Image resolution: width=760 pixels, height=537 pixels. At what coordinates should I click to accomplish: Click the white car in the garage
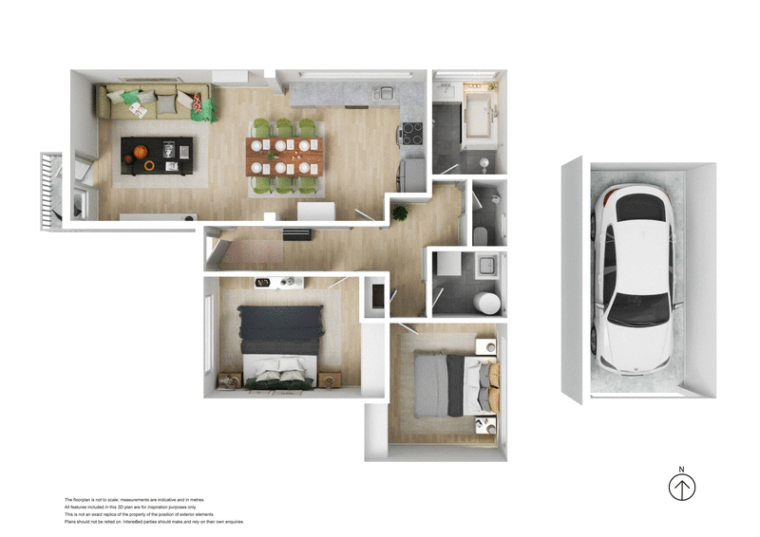(635, 280)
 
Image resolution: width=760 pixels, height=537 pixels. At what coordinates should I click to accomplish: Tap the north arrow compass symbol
(681, 488)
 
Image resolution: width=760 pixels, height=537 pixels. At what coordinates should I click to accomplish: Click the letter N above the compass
(681, 469)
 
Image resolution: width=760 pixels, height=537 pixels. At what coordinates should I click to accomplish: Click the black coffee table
(157, 155)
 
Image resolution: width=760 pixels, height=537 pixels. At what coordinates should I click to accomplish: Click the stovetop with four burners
(412, 134)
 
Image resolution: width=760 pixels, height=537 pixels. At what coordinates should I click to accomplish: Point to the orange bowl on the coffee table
(140, 152)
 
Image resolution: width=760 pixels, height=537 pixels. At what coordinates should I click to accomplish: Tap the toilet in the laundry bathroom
(486, 302)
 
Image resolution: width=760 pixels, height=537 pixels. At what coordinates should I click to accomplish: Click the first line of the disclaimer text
(133, 499)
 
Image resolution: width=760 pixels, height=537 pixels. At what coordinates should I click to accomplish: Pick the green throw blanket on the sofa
(203, 107)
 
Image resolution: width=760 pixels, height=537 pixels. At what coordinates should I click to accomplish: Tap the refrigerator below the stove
(412, 172)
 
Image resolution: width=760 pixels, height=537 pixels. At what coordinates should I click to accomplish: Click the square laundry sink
(486, 266)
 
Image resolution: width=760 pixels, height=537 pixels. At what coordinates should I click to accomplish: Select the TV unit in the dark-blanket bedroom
(278, 282)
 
